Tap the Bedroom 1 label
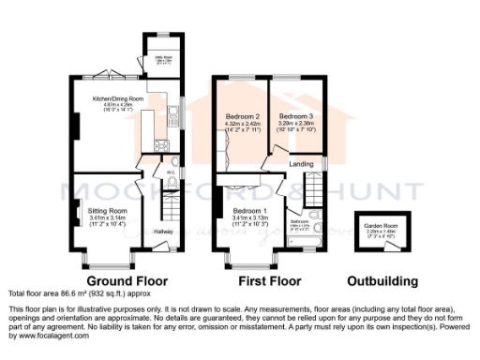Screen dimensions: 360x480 coord(250,211)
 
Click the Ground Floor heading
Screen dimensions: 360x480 coord(127,280)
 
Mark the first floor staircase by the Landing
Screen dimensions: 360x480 coord(312,187)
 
